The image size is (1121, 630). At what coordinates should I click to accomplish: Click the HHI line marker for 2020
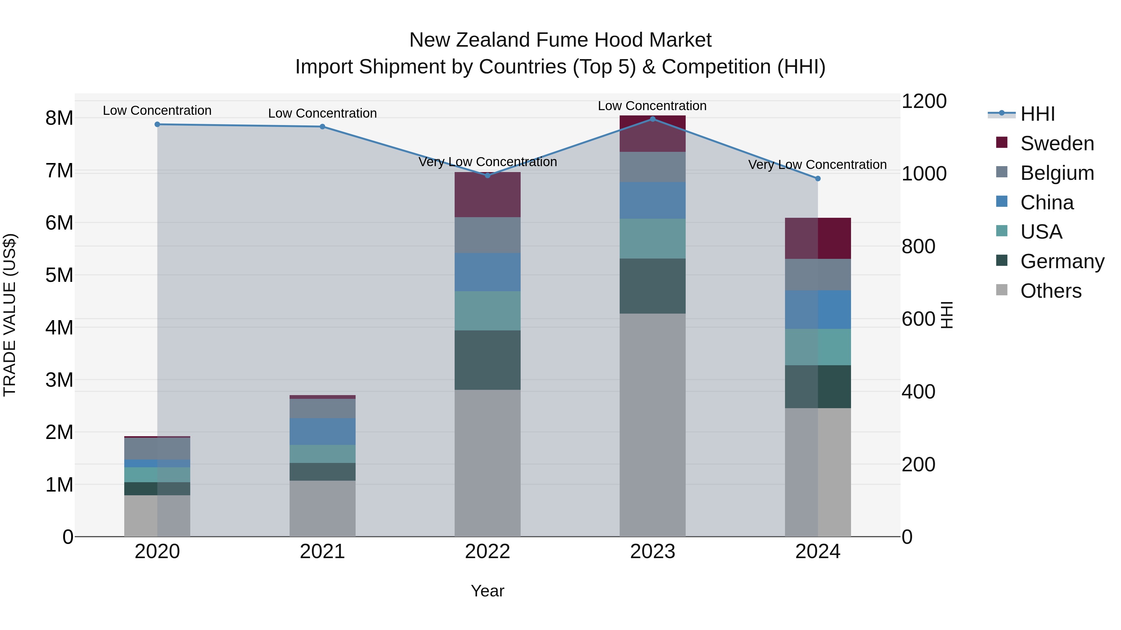tap(158, 124)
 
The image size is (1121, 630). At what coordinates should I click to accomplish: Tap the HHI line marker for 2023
tap(652, 119)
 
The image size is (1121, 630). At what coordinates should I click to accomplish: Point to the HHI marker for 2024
tap(818, 179)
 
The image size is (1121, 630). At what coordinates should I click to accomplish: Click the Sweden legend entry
tap(1057, 143)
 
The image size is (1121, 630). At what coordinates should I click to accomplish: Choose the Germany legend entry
tap(1062, 261)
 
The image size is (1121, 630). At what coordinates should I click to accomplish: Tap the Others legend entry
tap(1051, 291)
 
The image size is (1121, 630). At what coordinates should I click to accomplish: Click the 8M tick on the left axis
tap(59, 118)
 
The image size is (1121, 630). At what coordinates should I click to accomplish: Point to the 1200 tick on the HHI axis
tap(924, 101)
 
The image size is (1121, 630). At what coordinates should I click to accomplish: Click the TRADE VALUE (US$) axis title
tap(10, 315)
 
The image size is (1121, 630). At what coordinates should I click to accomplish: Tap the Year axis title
tap(487, 591)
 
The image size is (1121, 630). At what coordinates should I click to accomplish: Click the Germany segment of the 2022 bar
tap(487, 360)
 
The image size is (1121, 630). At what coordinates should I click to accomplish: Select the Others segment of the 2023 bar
tap(652, 425)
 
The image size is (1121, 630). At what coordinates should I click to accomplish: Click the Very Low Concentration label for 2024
tap(817, 165)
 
